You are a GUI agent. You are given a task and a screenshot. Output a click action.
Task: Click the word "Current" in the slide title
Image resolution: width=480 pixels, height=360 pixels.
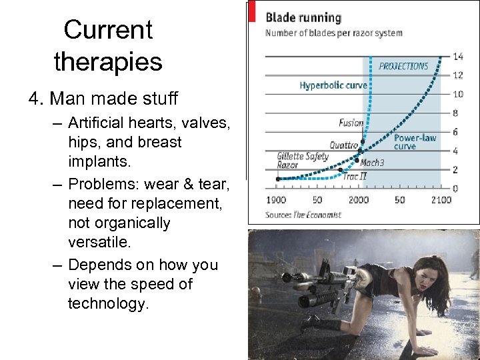(108, 29)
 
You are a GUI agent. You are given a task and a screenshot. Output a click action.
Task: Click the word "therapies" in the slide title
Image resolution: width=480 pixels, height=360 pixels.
(108, 62)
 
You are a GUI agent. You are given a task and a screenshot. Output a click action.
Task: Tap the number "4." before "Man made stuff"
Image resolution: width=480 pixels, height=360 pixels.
(37, 99)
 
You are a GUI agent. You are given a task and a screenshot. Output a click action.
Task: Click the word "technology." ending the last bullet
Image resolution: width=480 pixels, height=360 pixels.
(109, 303)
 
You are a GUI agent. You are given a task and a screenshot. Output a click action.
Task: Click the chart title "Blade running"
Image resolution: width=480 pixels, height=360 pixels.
(303, 17)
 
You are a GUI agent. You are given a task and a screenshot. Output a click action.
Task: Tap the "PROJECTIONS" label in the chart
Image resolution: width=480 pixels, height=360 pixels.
(403, 66)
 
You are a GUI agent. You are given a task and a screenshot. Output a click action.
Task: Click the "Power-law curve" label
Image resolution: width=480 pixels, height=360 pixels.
(415, 141)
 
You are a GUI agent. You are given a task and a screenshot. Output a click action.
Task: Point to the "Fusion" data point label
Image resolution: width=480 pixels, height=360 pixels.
(351, 123)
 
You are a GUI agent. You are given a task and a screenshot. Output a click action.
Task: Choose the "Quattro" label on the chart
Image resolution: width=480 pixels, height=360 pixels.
(343, 145)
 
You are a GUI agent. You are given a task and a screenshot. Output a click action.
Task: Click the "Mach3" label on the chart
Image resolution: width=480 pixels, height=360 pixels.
(372, 163)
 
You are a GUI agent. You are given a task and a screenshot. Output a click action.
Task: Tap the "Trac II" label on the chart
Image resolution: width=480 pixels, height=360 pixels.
(354, 177)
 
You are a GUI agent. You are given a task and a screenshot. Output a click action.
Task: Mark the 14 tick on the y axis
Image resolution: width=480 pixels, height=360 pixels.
(458, 56)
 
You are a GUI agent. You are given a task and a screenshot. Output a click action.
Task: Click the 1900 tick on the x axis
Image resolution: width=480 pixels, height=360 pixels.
(276, 200)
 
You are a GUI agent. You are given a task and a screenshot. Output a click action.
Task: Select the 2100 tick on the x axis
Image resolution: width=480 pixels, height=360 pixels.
(439, 200)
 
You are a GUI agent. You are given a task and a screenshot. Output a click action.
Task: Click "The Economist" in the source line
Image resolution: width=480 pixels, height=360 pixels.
(317, 215)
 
